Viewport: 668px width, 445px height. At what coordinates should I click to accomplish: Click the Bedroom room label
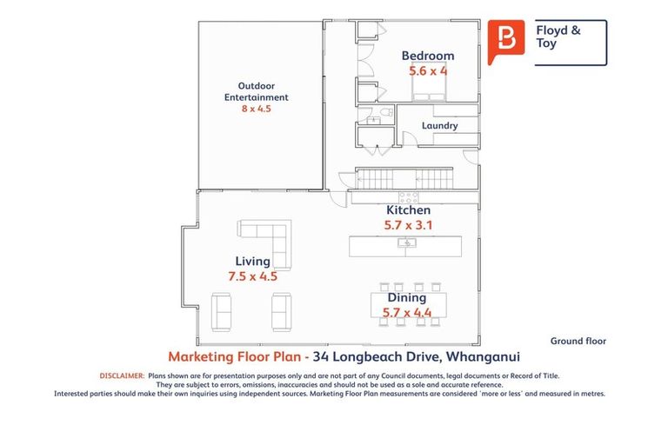coord(427,56)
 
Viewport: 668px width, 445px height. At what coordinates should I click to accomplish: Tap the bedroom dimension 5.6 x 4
coord(428,71)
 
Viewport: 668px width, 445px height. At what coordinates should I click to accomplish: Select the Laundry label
coord(439,126)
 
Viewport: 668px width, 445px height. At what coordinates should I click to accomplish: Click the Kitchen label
coord(408,210)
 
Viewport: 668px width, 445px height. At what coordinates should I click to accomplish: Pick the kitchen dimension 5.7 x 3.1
coord(408,225)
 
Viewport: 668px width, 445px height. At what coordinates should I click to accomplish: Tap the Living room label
coord(252,261)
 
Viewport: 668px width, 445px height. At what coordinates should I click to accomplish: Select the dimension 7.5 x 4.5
coord(252,276)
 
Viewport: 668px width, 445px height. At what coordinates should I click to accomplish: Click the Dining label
coord(407,298)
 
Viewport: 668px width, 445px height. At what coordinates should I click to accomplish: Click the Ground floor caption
coord(578,342)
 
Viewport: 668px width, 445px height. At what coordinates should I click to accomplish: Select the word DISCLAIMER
coord(122,375)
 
